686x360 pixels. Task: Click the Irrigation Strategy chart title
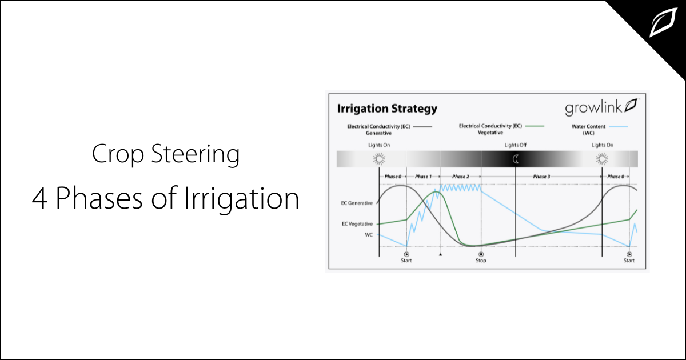click(386, 108)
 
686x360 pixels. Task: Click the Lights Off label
click(515, 145)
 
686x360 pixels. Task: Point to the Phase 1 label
click(423, 177)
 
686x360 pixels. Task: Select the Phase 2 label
click(460, 177)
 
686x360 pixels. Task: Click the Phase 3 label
click(541, 177)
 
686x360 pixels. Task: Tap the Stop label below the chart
click(481, 261)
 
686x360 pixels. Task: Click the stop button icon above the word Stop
click(481, 254)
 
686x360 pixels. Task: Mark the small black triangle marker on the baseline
click(440, 254)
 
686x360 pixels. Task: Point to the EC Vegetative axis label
click(357, 223)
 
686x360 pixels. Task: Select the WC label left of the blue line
click(369, 234)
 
